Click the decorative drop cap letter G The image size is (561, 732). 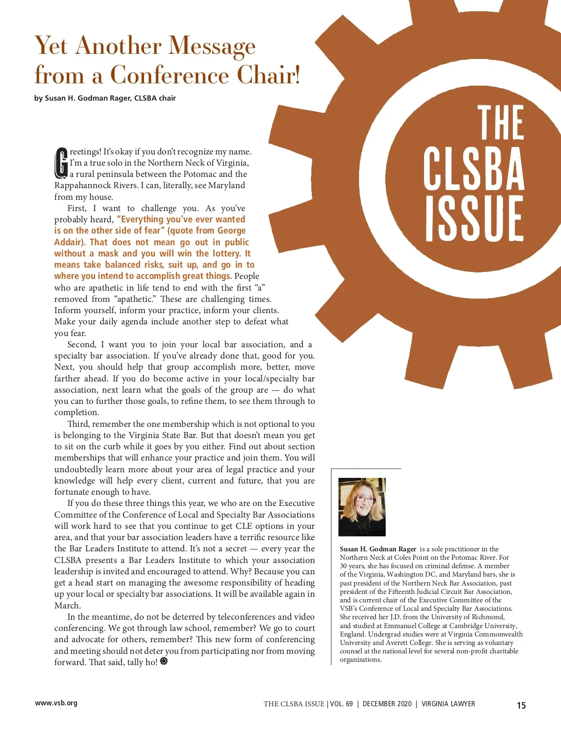click(x=61, y=163)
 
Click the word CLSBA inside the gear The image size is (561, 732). click(x=474, y=168)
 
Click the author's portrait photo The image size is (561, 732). click(x=362, y=506)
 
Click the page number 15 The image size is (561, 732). click(x=521, y=705)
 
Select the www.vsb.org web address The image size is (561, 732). click(x=56, y=703)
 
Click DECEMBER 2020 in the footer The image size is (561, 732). click(x=387, y=704)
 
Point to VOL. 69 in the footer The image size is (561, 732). click(x=341, y=704)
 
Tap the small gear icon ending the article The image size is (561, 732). click(x=164, y=661)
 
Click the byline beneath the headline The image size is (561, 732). click(x=105, y=98)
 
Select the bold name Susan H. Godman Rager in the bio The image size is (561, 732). click(x=378, y=549)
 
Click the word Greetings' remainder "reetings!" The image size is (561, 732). click(x=86, y=152)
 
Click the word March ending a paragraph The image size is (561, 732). click(x=67, y=605)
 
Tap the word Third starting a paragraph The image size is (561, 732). click(x=78, y=424)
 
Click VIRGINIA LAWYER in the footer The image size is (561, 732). click(x=448, y=704)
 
